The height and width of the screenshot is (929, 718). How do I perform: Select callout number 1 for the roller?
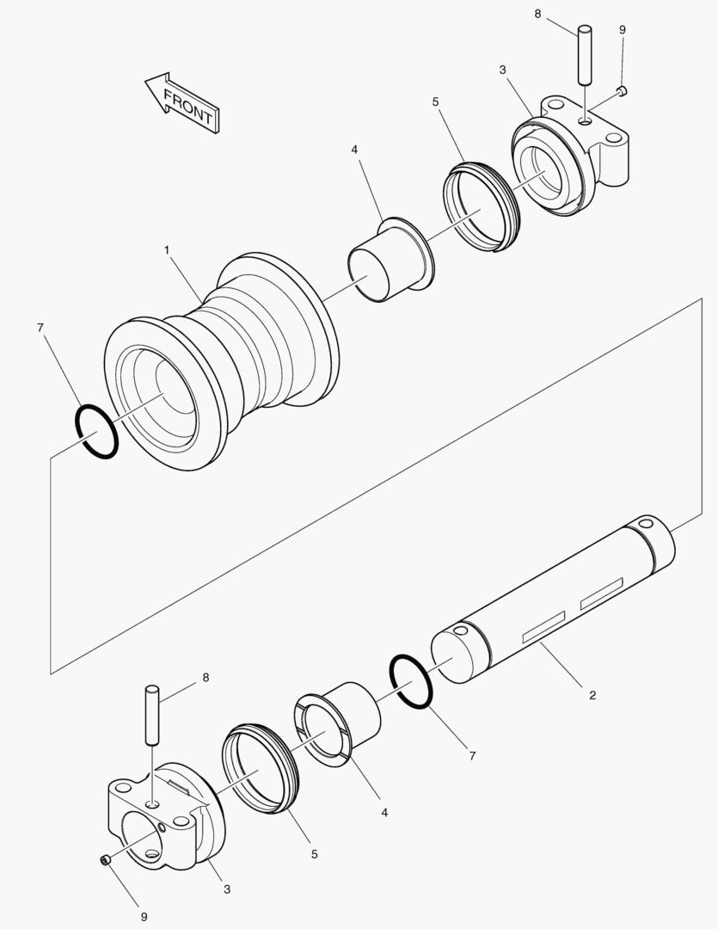tap(166, 249)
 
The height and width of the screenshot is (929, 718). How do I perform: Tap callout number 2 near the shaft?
tap(592, 694)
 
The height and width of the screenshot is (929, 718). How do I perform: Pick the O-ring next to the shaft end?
tap(411, 682)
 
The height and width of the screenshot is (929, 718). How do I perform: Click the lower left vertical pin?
tap(152, 713)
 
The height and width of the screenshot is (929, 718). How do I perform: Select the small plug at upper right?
tap(623, 90)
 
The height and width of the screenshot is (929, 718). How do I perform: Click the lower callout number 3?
tap(227, 889)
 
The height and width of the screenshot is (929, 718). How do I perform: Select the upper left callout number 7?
tap(40, 327)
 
